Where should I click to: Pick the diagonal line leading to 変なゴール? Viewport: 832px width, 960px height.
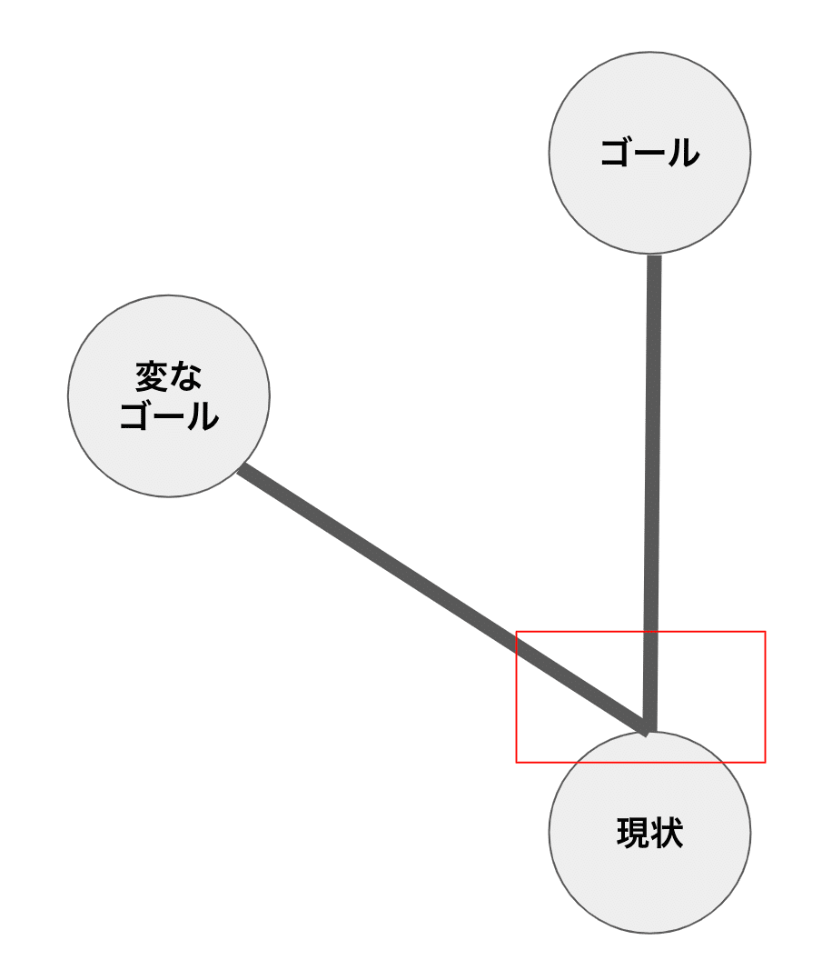tap(409, 582)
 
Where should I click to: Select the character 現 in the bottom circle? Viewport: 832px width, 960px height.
tap(632, 833)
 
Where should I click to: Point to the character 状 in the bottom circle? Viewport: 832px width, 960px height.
tap(667, 833)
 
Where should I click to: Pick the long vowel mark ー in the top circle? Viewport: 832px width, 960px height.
tap(650, 153)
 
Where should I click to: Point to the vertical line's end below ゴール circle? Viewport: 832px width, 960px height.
tap(654, 262)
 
